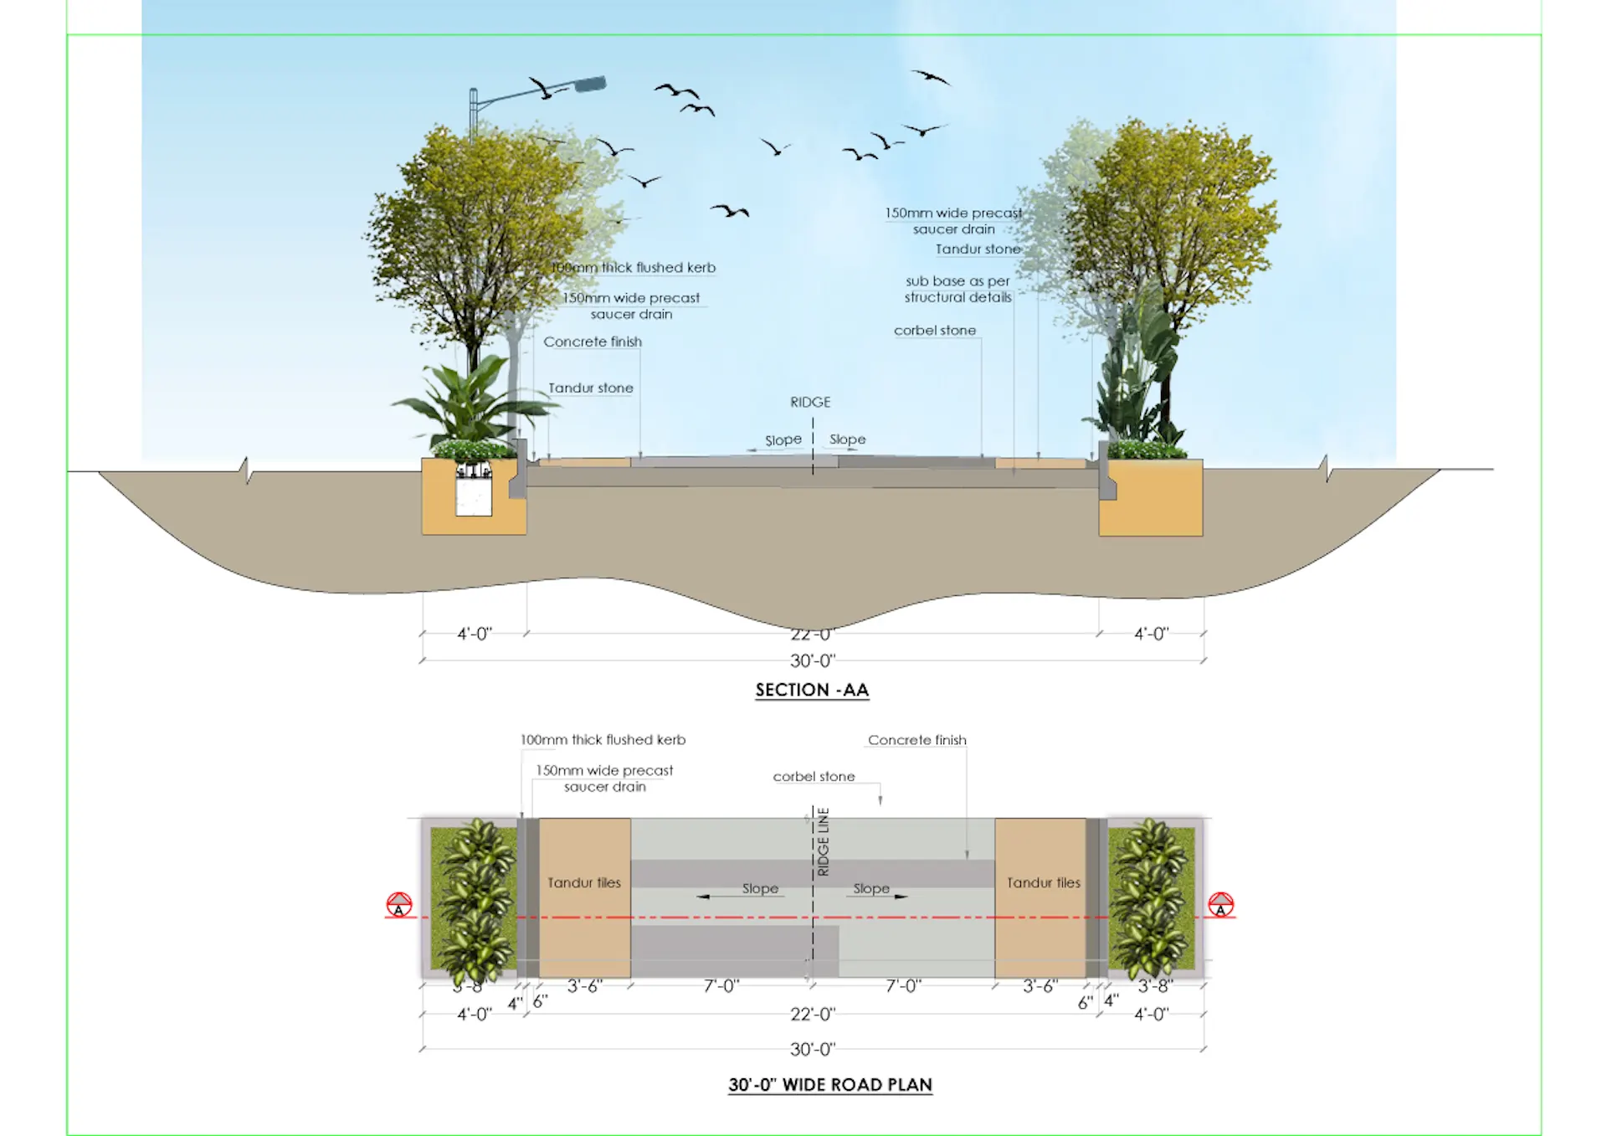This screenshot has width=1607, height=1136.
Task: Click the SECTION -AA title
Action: pyautogui.click(x=812, y=690)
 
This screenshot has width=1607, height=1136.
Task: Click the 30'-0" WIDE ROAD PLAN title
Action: pyautogui.click(x=829, y=1085)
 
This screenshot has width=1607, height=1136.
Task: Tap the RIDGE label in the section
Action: pyautogui.click(x=810, y=403)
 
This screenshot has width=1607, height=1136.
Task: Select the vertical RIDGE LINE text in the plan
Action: pyautogui.click(x=824, y=842)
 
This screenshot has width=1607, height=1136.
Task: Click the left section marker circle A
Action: pyautogui.click(x=399, y=905)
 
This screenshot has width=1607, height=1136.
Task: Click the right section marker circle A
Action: pyautogui.click(x=1220, y=905)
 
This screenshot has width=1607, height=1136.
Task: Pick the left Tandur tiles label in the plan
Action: pyautogui.click(x=584, y=882)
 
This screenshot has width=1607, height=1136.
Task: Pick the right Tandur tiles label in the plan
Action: pyautogui.click(x=1044, y=882)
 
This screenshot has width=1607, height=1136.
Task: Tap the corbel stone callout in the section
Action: pyautogui.click(x=934, y=331)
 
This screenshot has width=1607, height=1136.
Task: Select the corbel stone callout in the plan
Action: pyautogui.click(x=814, y=777)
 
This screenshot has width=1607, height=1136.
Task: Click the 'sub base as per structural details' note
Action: pyautogui.click(x=958, y=289)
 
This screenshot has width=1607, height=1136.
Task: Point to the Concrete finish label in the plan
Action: pyautogui.click(x=916, y=740)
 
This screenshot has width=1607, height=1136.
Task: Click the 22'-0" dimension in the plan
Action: pyautogui.click(x=812, y=1015)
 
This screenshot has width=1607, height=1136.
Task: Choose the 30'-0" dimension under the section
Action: pyautogui.click(x=812, y=661)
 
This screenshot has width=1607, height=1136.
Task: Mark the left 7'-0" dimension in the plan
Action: pyautogui.click(x=721, y=986)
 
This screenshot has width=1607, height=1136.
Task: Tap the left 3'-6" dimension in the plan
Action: pyautogui.click(x=584, y=986)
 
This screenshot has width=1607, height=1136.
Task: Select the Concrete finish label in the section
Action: pyautogui.click(x=593, y=342)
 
